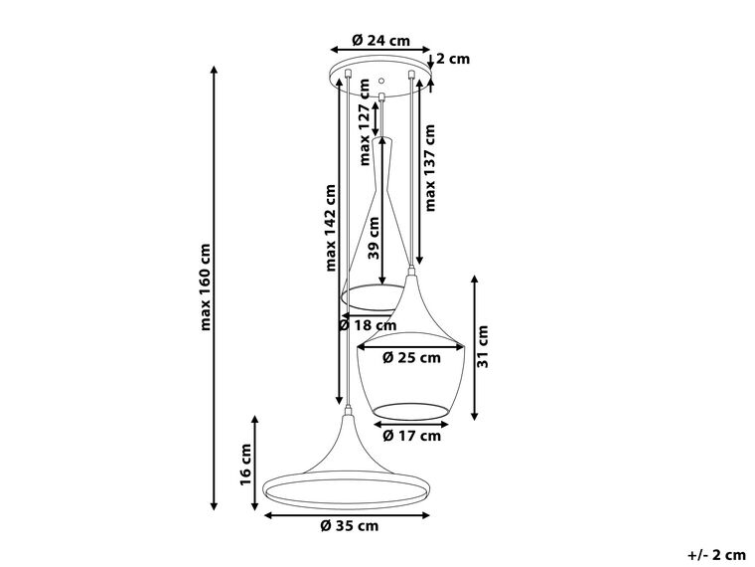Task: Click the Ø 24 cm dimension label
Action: coord(380,40)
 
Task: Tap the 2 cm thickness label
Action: coord(453,59)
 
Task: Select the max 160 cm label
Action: coord(205,286)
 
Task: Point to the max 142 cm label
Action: coord(330,227)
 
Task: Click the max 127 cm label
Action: coord(366,122)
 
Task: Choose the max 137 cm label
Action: coord(430,168)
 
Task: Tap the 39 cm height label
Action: coord(375,239)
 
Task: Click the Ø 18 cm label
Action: coord(368,325)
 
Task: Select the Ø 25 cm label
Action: coord(411,358)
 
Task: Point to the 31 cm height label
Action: coord(483,347)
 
